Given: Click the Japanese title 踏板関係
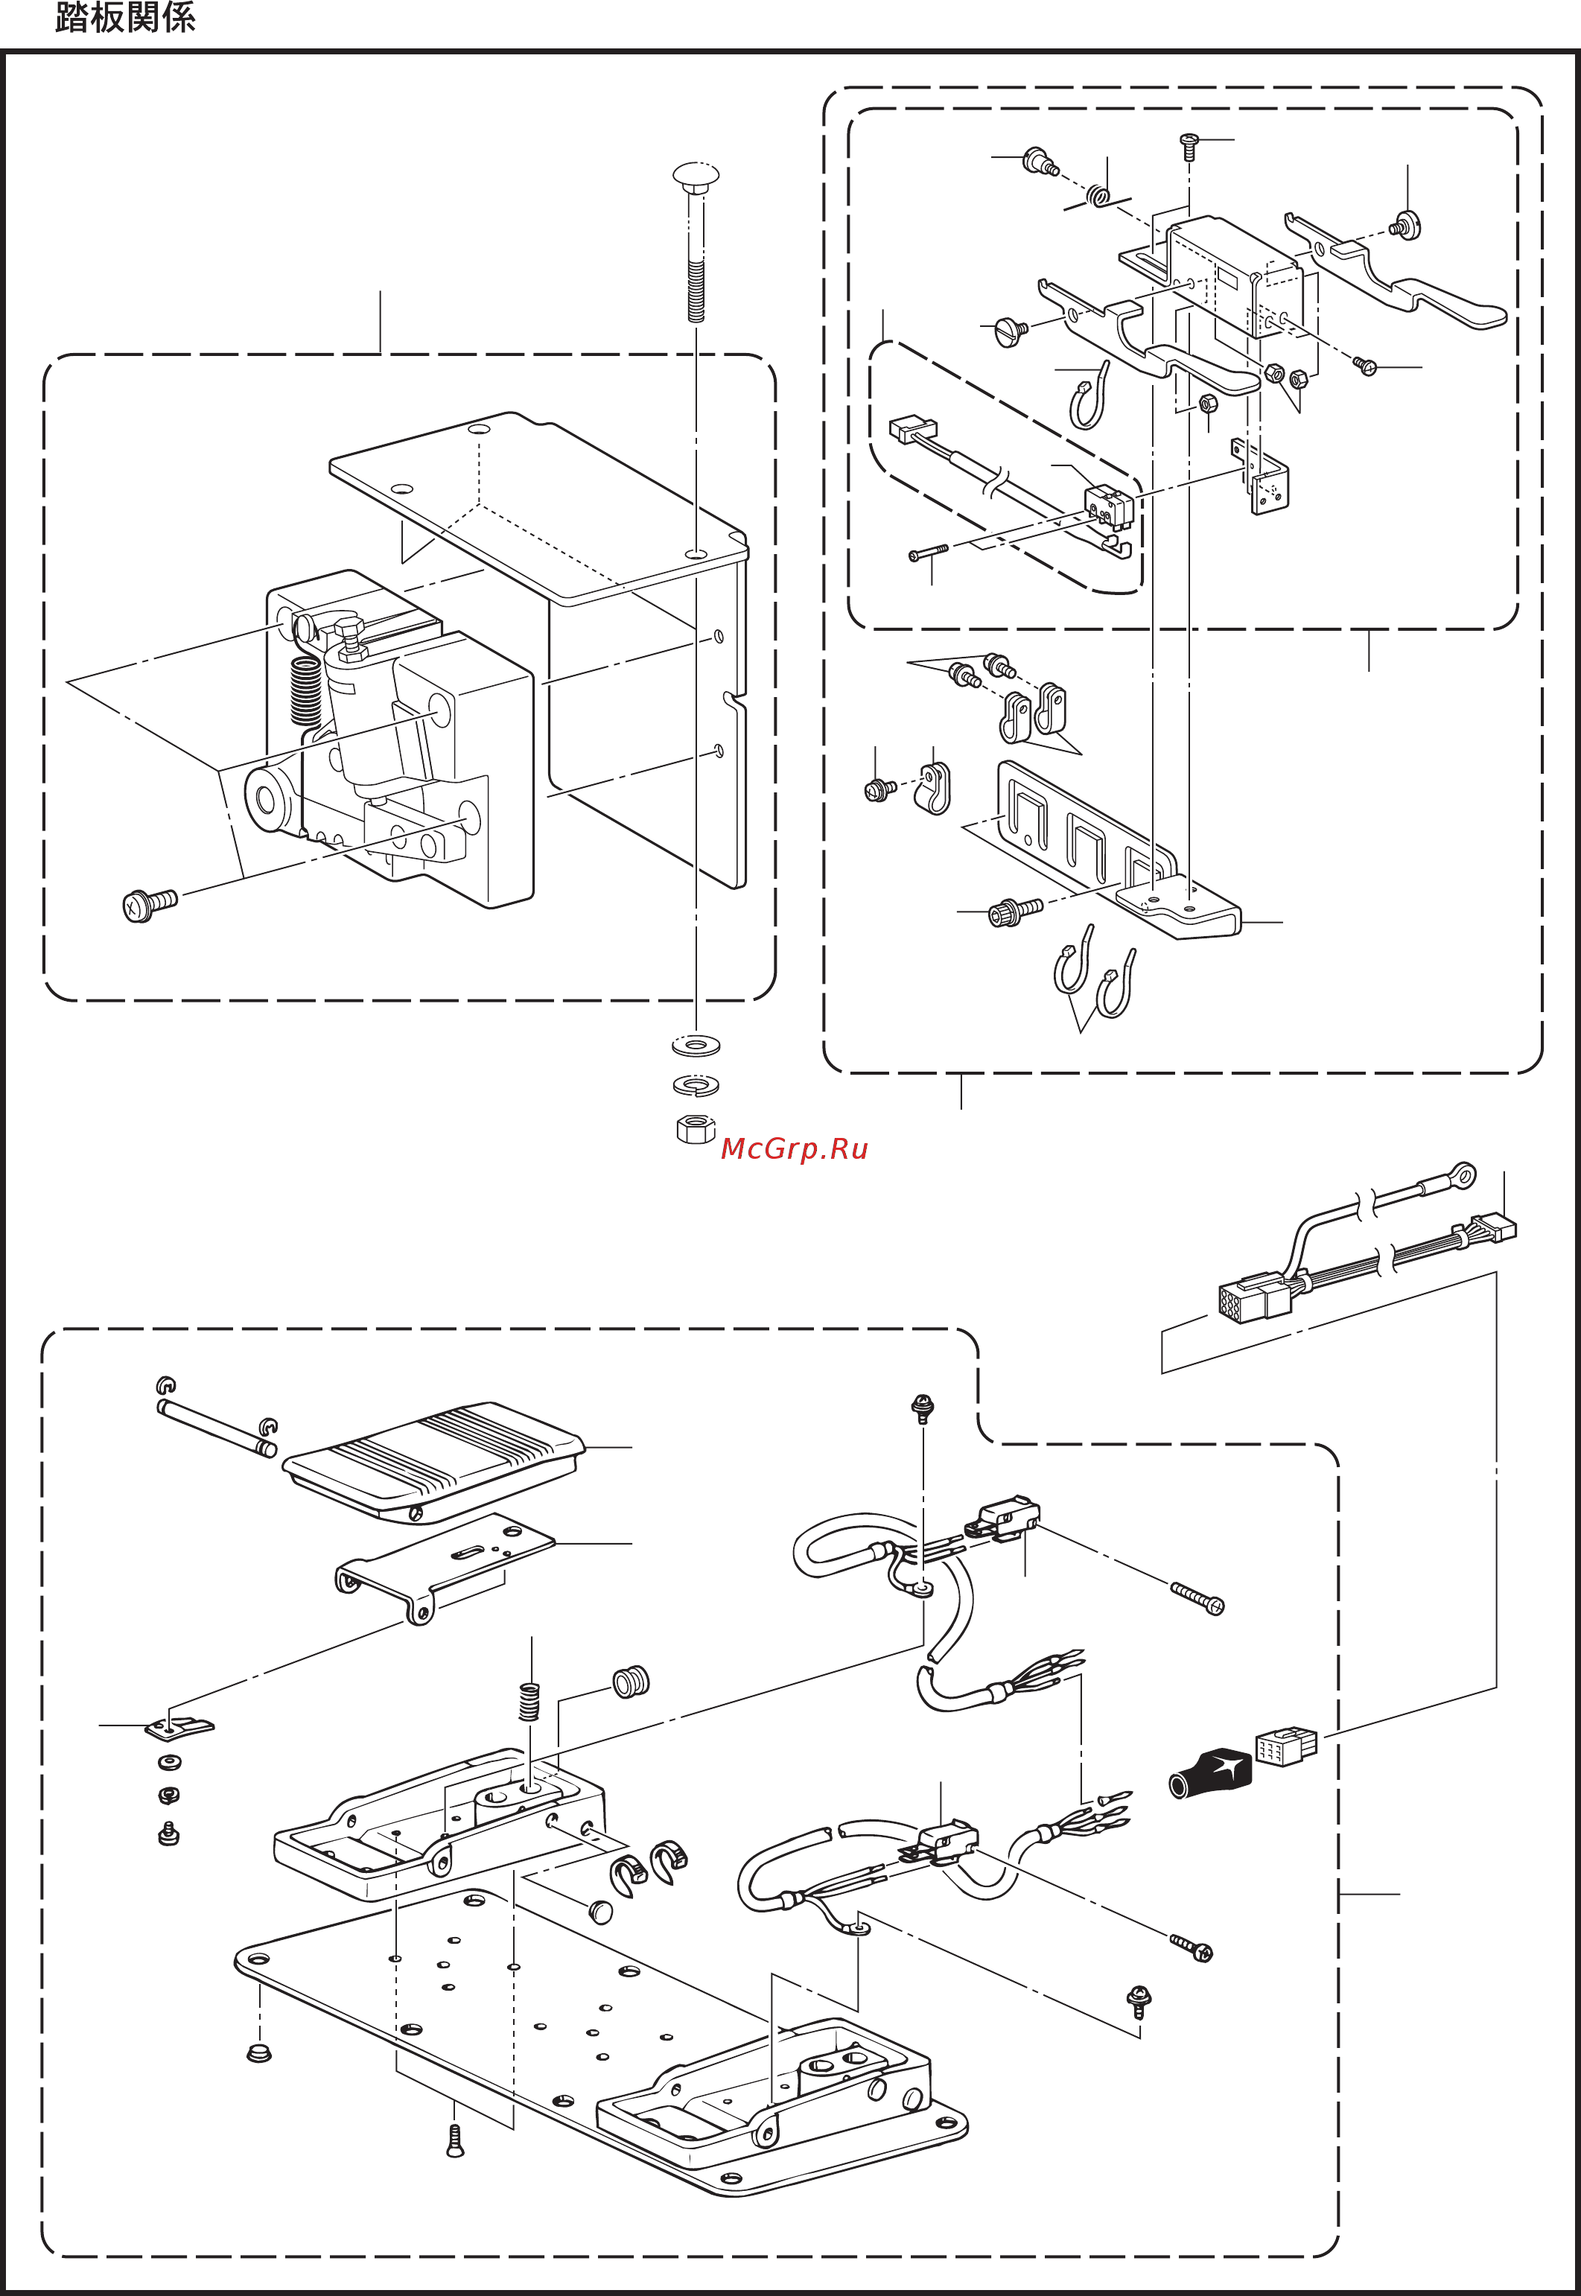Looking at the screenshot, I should (x=125, y=18).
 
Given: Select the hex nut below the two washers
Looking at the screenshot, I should (x=696, y=1128).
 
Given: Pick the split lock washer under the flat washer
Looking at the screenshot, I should (x=696, y=1086).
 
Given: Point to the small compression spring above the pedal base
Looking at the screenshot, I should (x=530, y=1702).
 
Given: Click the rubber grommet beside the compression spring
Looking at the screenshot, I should (x=630, y=1682).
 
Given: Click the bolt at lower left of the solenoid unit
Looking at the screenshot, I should (x=150, y=904).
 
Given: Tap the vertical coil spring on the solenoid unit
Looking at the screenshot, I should (x=306, y=690).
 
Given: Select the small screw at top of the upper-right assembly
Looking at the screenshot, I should (x=1190, y=147).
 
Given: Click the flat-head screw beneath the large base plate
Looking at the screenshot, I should (x=455, y=2142).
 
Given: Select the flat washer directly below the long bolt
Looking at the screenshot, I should (x=696, y=1044).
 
